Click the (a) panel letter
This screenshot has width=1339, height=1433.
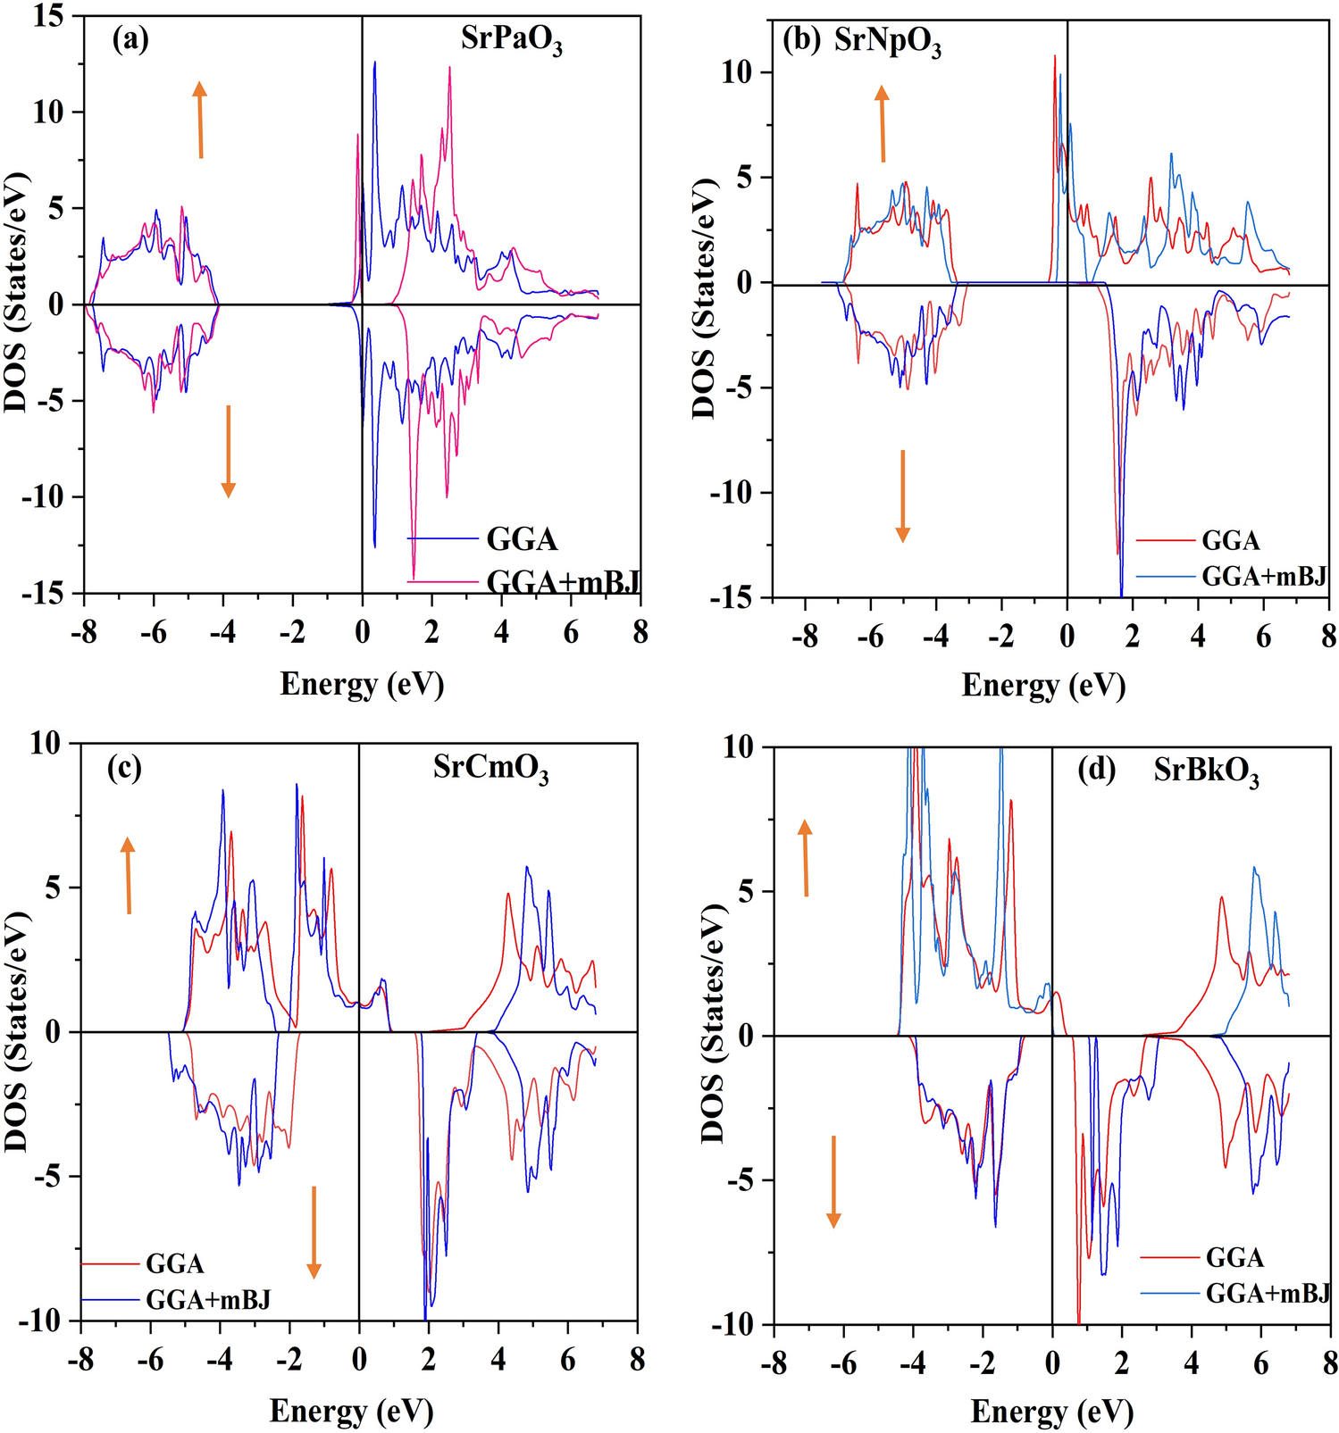point(130,39)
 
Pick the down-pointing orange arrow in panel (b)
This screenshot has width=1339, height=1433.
point(902,496)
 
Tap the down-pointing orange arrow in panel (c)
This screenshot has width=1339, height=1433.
point(314,1232)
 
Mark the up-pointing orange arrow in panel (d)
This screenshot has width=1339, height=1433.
point(805,857)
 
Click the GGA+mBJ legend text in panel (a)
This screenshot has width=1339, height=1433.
point(563,582)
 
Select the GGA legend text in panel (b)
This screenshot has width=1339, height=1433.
point(1230,541)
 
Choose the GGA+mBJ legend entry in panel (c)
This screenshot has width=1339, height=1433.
point(207,1299)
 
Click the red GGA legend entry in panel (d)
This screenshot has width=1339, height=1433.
point(1234,1258)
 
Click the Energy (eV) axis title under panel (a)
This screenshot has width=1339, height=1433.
point(362,685)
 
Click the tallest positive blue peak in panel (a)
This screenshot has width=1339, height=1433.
point(374,62)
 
